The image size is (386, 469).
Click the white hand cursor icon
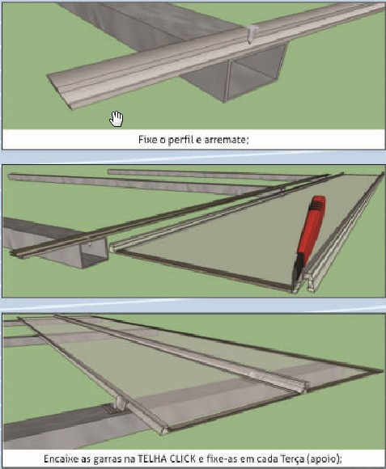[117, 119]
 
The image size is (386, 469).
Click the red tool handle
[312, 226]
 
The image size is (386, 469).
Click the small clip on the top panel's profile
[252, 34]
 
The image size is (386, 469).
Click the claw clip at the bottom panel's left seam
[121, 403]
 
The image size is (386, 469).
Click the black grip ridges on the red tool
[317, 205]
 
